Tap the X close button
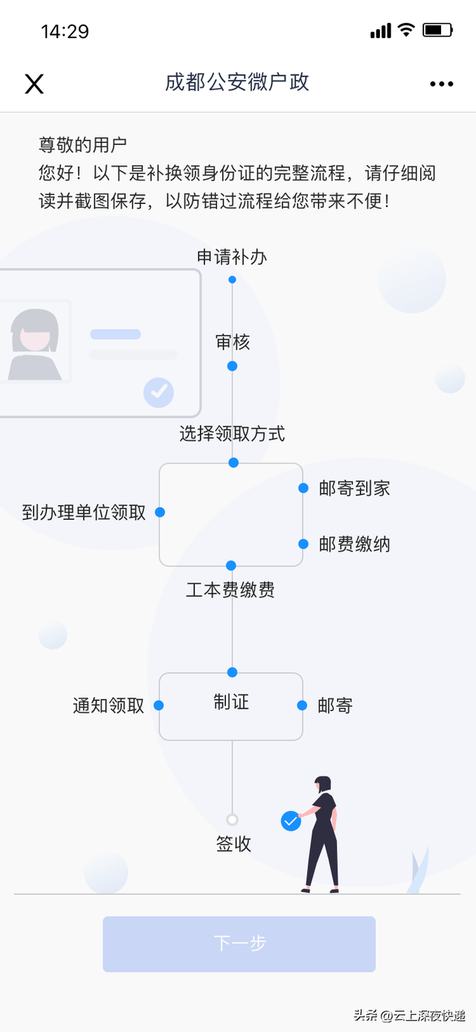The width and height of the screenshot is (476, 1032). tap(34, 84)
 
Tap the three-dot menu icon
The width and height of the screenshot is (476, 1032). tap(442, 84)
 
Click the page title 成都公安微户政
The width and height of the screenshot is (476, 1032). tap(237, 83)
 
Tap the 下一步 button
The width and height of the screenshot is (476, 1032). tap(239, 944)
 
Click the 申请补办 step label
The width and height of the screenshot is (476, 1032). tap(232, 257)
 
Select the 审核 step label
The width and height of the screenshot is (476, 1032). tap(233, 343)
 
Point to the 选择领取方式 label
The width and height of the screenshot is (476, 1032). tap(232, 433)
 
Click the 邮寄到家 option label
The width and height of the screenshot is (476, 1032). tap(355, 488)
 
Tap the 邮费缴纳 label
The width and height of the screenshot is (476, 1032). tap(355, 544)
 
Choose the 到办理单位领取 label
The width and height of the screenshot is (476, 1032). tap(84, 512)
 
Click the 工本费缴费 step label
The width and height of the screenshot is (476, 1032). tap(230, 590)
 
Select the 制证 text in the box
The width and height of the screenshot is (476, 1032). tap(231, 702)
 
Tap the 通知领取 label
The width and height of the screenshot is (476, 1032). tap(109, 705)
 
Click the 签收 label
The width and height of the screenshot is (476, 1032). tap(234, 844)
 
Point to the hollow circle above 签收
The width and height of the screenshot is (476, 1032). tap(232, 820)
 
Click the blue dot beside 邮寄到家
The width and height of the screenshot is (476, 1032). tap(303, 488)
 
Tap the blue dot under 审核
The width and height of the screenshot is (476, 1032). tap(233, 366)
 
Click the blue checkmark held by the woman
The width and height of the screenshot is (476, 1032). tap(291, 821)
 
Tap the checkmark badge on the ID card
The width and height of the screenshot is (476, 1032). tap(159, 392)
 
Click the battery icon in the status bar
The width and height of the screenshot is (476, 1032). tap(438, 31)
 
